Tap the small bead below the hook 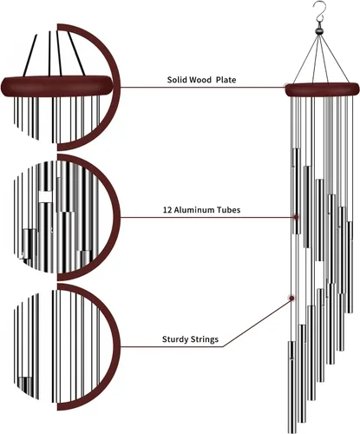tap(319, 31)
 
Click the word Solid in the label tap(177, 80)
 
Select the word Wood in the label tap(200, 80)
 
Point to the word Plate tap(226, 80)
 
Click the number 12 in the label tap(167, 210)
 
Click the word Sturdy tap(175, 339)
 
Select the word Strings tap(205, 339)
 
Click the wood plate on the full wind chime tap(323, 89)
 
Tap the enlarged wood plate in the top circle tap(56, 86)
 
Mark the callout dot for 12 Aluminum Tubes tap(296, 217)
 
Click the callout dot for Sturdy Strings tap(291, 298)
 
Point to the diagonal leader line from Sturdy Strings tap(257, 322)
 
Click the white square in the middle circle tap(46, 197)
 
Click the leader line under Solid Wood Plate tap(203, 87)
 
